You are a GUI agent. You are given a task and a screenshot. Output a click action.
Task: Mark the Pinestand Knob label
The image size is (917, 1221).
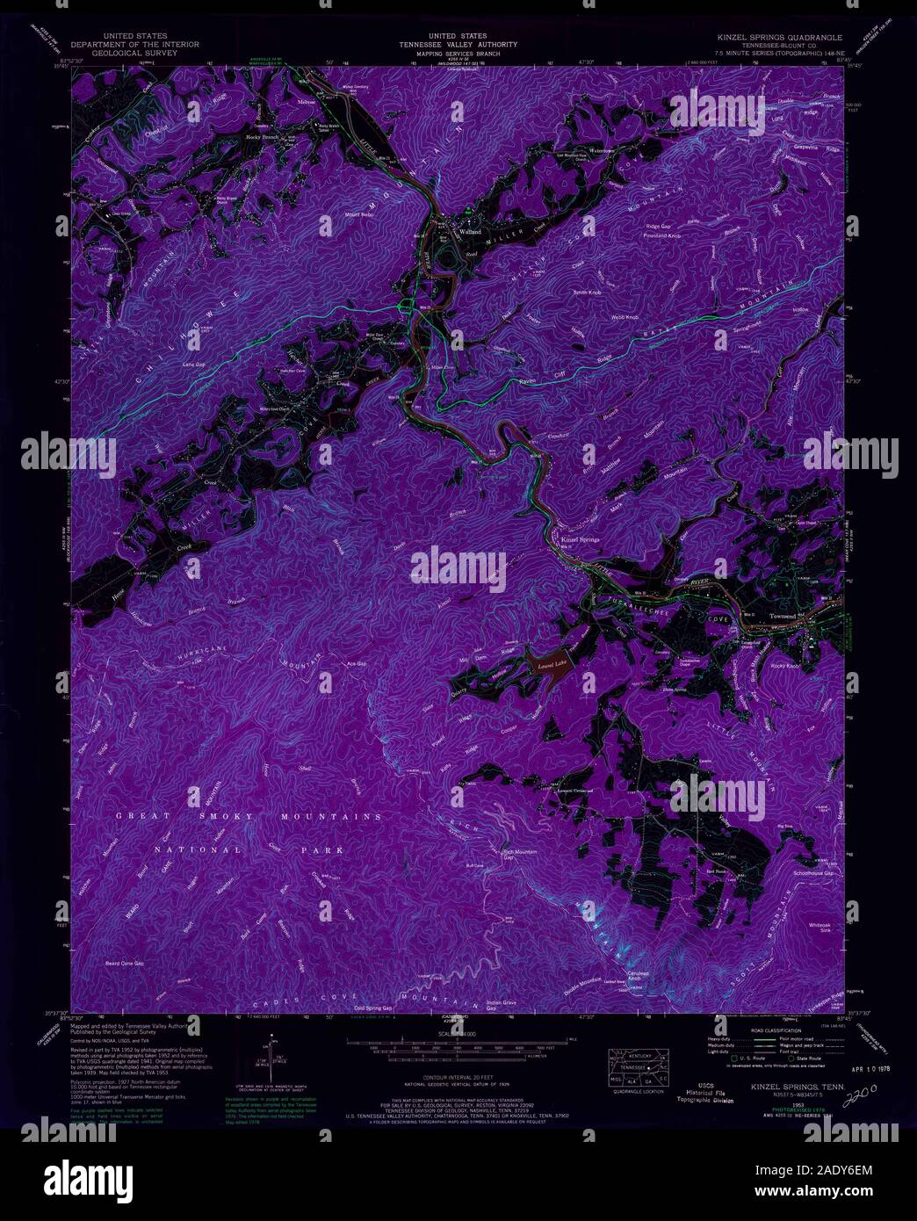point(662,236)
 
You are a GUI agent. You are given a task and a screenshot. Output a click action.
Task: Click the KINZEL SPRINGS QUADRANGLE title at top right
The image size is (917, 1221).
point(777,39)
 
